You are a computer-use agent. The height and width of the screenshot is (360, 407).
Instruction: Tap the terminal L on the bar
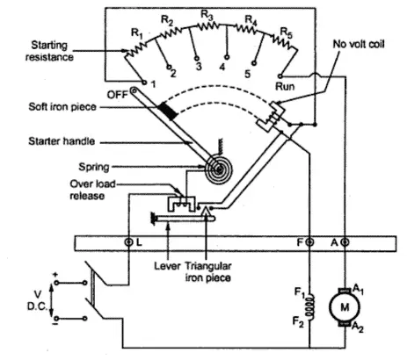128,242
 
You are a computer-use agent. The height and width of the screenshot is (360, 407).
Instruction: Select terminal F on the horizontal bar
309,242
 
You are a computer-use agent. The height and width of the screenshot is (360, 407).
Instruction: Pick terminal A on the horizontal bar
345,242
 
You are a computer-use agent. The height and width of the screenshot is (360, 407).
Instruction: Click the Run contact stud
280,76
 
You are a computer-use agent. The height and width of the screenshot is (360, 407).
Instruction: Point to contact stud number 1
144,83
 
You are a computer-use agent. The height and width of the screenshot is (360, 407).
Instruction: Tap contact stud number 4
227,57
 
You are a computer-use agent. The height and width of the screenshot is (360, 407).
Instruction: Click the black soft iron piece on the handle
168,112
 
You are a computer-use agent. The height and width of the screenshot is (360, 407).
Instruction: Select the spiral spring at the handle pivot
218,169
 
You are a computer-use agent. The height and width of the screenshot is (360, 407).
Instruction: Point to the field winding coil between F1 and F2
309,306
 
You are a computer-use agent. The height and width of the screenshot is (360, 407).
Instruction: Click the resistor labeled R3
207,26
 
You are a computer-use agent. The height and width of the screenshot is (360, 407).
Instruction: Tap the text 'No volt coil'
359,44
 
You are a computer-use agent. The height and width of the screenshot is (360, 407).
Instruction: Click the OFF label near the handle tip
117,95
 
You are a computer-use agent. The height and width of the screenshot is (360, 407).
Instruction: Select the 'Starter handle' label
62,141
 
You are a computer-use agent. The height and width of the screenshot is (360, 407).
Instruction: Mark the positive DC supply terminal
56,283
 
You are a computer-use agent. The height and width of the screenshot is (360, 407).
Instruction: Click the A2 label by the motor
357,327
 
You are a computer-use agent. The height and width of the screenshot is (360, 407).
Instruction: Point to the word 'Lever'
167,266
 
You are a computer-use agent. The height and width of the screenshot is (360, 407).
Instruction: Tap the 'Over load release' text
92,190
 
